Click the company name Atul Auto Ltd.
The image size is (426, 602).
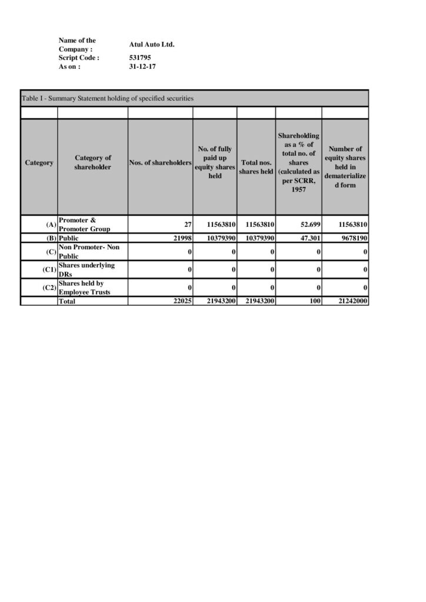152,45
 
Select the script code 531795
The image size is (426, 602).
139,58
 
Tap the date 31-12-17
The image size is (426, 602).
142,67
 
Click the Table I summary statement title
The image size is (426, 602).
107,98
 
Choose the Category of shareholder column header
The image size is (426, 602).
92,163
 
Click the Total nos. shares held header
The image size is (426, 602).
256,167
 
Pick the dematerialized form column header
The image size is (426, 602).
345,167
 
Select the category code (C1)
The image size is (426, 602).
49,270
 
